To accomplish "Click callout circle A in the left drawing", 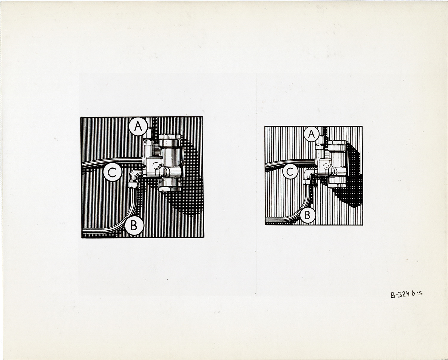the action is coord(138,127).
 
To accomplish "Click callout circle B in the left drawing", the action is coord(134,225).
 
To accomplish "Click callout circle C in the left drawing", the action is coord(112,172).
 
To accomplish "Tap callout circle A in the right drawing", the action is coord(311,134).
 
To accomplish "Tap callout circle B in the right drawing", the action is coord(308,215).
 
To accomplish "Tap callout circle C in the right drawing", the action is coord(290,171).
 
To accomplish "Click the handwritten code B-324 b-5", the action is coord(407,294).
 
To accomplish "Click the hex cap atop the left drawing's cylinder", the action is coord(170,136).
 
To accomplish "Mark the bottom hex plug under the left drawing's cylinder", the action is coord(170,189).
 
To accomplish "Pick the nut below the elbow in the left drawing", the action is coord(133,185).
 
